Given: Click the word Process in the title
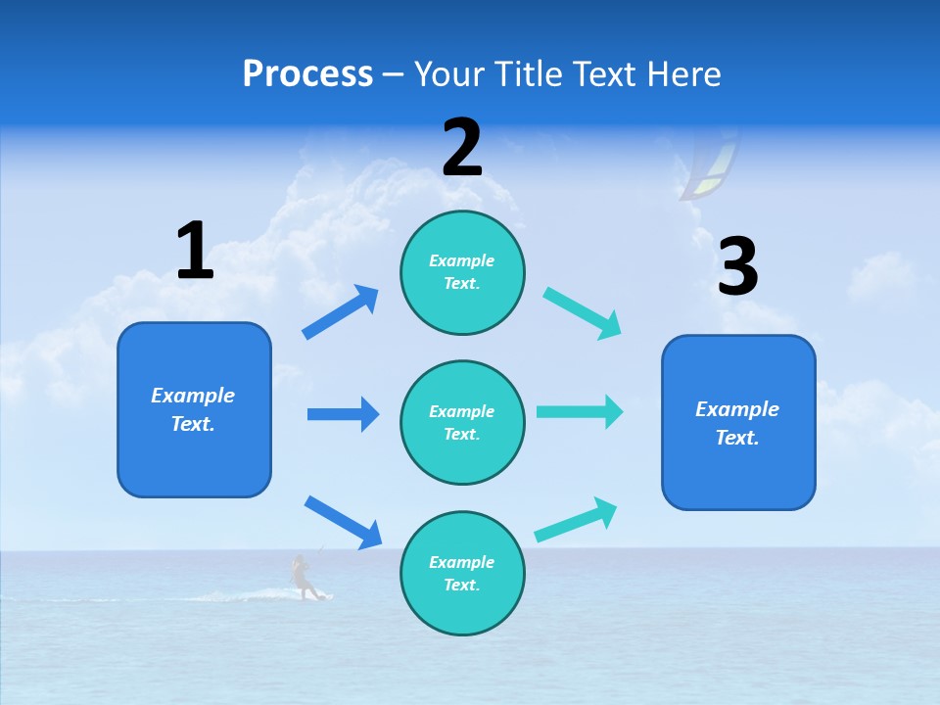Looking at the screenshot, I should [x=307, y=74].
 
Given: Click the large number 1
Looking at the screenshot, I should [x=195, y=252].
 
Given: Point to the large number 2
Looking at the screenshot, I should [x=462, y=148].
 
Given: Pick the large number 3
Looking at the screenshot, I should [x=738, y=267].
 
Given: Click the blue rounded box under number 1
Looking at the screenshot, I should [x=194, y=409].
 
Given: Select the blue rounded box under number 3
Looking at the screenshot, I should [x=738, y=422].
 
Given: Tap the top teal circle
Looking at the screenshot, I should [x=462, y=272].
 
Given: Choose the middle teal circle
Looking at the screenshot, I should [x=462, y=422].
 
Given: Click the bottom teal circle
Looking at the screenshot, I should [x=462, y=573].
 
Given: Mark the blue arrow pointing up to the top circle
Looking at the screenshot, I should [x=341, y=312].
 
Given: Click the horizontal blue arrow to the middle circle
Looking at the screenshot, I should [x=343, y=414].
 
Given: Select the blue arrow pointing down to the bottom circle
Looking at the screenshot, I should [x=343, y=522].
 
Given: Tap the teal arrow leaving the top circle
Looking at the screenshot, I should [x=583, y=313].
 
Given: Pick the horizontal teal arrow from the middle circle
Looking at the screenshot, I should [x=580, y=411].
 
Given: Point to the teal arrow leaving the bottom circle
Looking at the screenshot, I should [x=576, y=520].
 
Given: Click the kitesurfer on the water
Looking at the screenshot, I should [x=304, y=577].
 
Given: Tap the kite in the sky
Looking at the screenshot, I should [x=712, y=166].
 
